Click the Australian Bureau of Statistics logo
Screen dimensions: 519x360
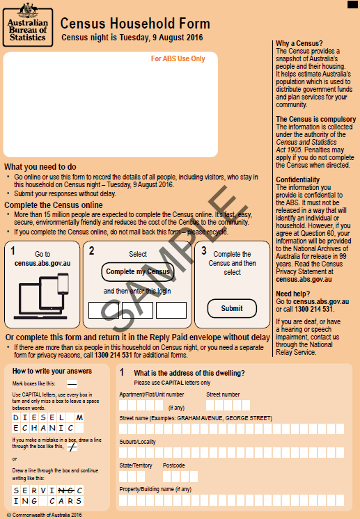(27, 23)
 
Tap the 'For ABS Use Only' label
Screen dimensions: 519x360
(178, 59)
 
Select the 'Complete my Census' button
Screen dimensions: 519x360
(138, 271)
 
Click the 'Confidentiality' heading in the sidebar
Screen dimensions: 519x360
(298, 179)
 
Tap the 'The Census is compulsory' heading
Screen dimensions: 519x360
(315, 120)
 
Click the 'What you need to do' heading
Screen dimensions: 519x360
(40, 167)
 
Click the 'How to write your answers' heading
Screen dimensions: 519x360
(52, 371)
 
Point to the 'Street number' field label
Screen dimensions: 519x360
(223, 394)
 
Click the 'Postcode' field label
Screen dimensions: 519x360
(174, 465)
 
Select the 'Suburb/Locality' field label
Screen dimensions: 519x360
(138, 442)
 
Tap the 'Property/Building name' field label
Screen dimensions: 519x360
(155, 489)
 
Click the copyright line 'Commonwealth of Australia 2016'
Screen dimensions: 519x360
(43, 515)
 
